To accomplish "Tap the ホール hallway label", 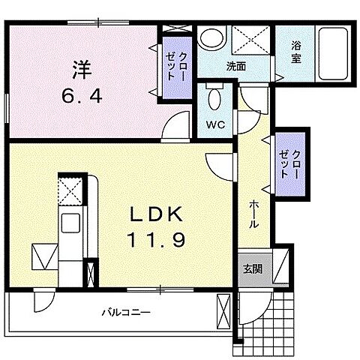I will point(254,214).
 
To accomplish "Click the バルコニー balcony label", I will point(126,310).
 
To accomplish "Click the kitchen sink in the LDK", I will point(72,223).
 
